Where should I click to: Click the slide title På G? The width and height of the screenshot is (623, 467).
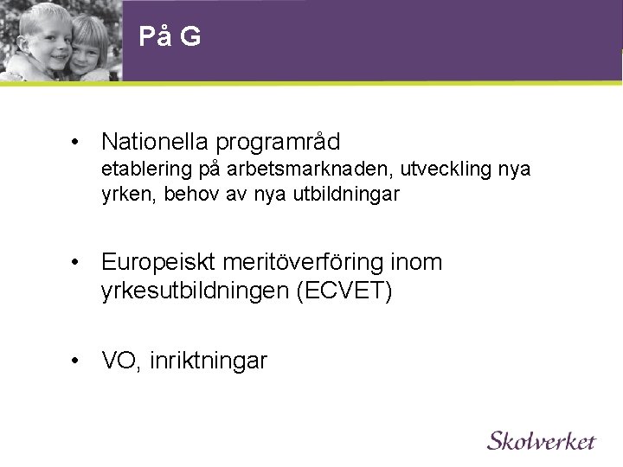(170, 37)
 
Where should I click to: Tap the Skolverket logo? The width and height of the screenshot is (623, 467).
(542, 440)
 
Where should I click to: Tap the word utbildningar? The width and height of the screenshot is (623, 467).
(345, 195)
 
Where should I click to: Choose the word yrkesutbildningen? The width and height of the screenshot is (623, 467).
(196, 291)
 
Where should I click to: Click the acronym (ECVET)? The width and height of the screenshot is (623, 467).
(344, 291)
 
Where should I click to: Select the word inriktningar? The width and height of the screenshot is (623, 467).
(208, 361)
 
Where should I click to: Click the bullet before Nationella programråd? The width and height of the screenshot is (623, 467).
(77, 141)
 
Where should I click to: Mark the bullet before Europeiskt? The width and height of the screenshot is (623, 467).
(77, 262)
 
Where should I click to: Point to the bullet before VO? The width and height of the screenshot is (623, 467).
(77, 361)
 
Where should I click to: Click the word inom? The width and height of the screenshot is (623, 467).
(415, 262)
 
